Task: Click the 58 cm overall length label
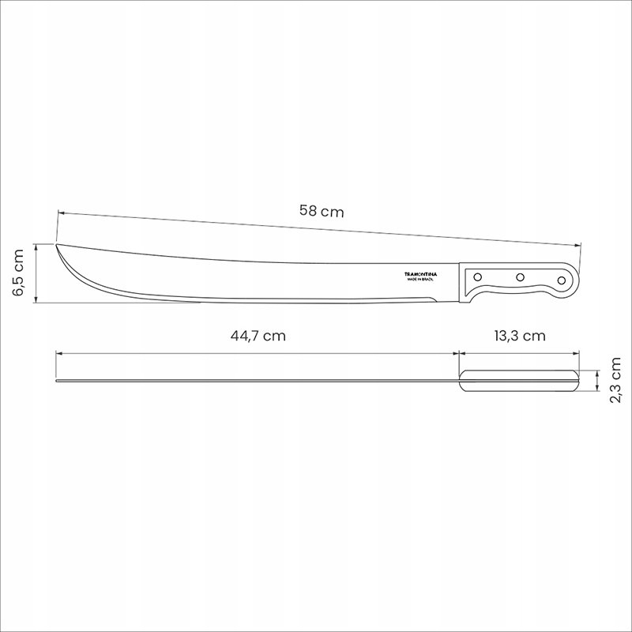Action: coord(322,211)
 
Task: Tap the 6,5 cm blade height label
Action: coord(18,273)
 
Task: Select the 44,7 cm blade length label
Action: coord(258,335)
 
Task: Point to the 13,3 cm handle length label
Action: coord(520,335)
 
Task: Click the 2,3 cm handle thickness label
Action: coord(616,380)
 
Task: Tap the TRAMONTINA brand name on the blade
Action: coord(420,274)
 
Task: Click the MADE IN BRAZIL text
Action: coord(420,279)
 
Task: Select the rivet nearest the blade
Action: coord(478,277)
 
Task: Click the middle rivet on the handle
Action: coord(521,277)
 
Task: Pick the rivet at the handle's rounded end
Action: coord(562,280)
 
